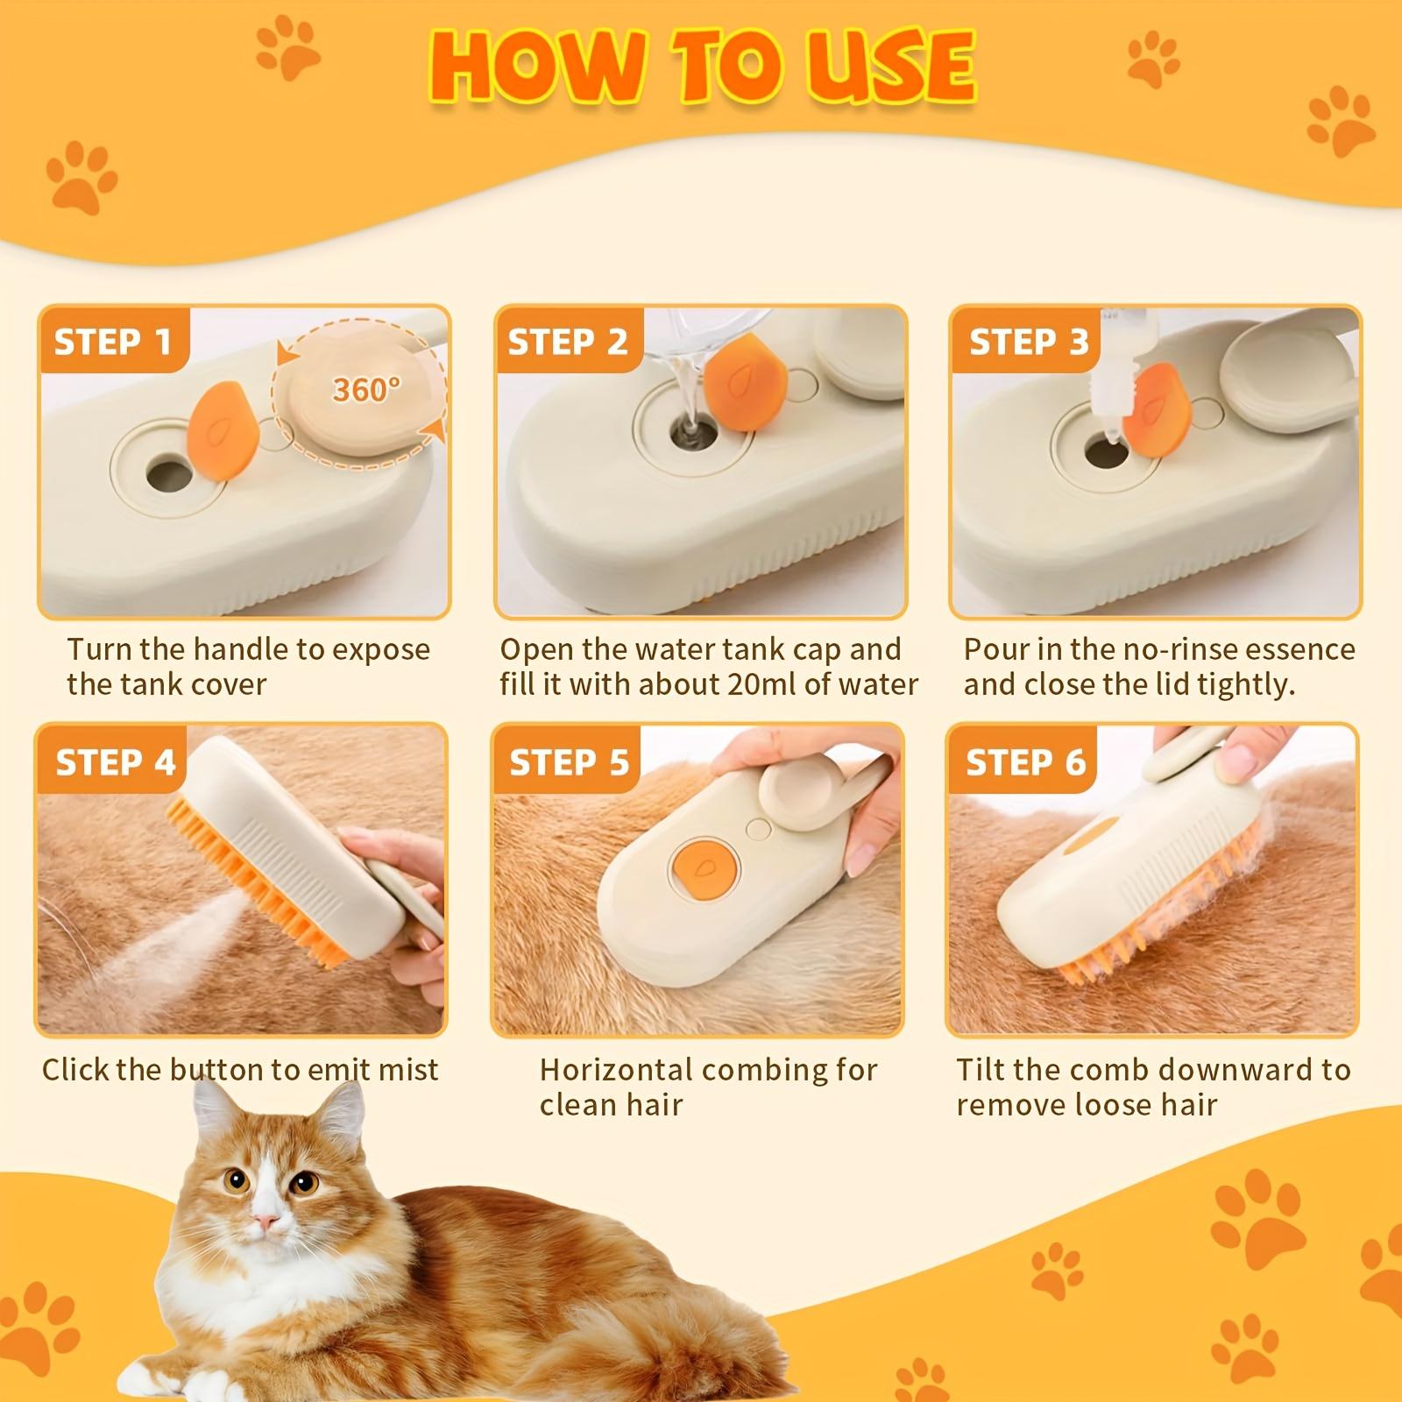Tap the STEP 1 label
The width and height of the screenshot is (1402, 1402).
coord(112,342)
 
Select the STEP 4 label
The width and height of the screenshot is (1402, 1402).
coord(115,762)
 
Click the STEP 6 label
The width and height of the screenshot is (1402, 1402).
coord(1025,762)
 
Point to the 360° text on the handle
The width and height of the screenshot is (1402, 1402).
coord(365,389)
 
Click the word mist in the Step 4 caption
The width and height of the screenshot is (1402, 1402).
coord(407,1070)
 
